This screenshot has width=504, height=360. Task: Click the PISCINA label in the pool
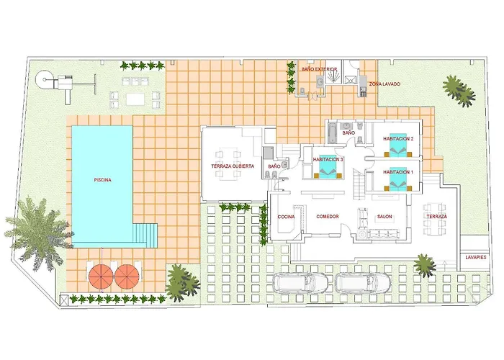coord(102,180)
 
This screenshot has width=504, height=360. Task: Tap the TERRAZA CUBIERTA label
coord(233,166)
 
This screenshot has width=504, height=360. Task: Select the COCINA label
coord(286,217)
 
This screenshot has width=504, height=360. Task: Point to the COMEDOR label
coord(328,217)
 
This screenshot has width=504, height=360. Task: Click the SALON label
coord(384,217)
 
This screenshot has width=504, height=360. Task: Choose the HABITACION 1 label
coord(398,172)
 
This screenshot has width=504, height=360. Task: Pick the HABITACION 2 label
coord(398,139)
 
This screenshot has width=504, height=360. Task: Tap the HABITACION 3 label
coord(328,159)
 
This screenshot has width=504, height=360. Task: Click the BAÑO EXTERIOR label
coord(319,69)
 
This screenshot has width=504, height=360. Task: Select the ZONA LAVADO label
coord(384,84)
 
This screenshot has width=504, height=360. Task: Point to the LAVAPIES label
coord(476,258)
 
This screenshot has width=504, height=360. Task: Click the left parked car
coord(300,282)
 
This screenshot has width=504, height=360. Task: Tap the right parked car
coord(363,282)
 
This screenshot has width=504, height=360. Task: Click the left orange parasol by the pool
coord(102,276)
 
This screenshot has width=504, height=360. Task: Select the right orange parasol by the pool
coord(127,276)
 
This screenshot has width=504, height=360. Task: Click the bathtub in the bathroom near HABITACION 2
coord(332,134)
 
